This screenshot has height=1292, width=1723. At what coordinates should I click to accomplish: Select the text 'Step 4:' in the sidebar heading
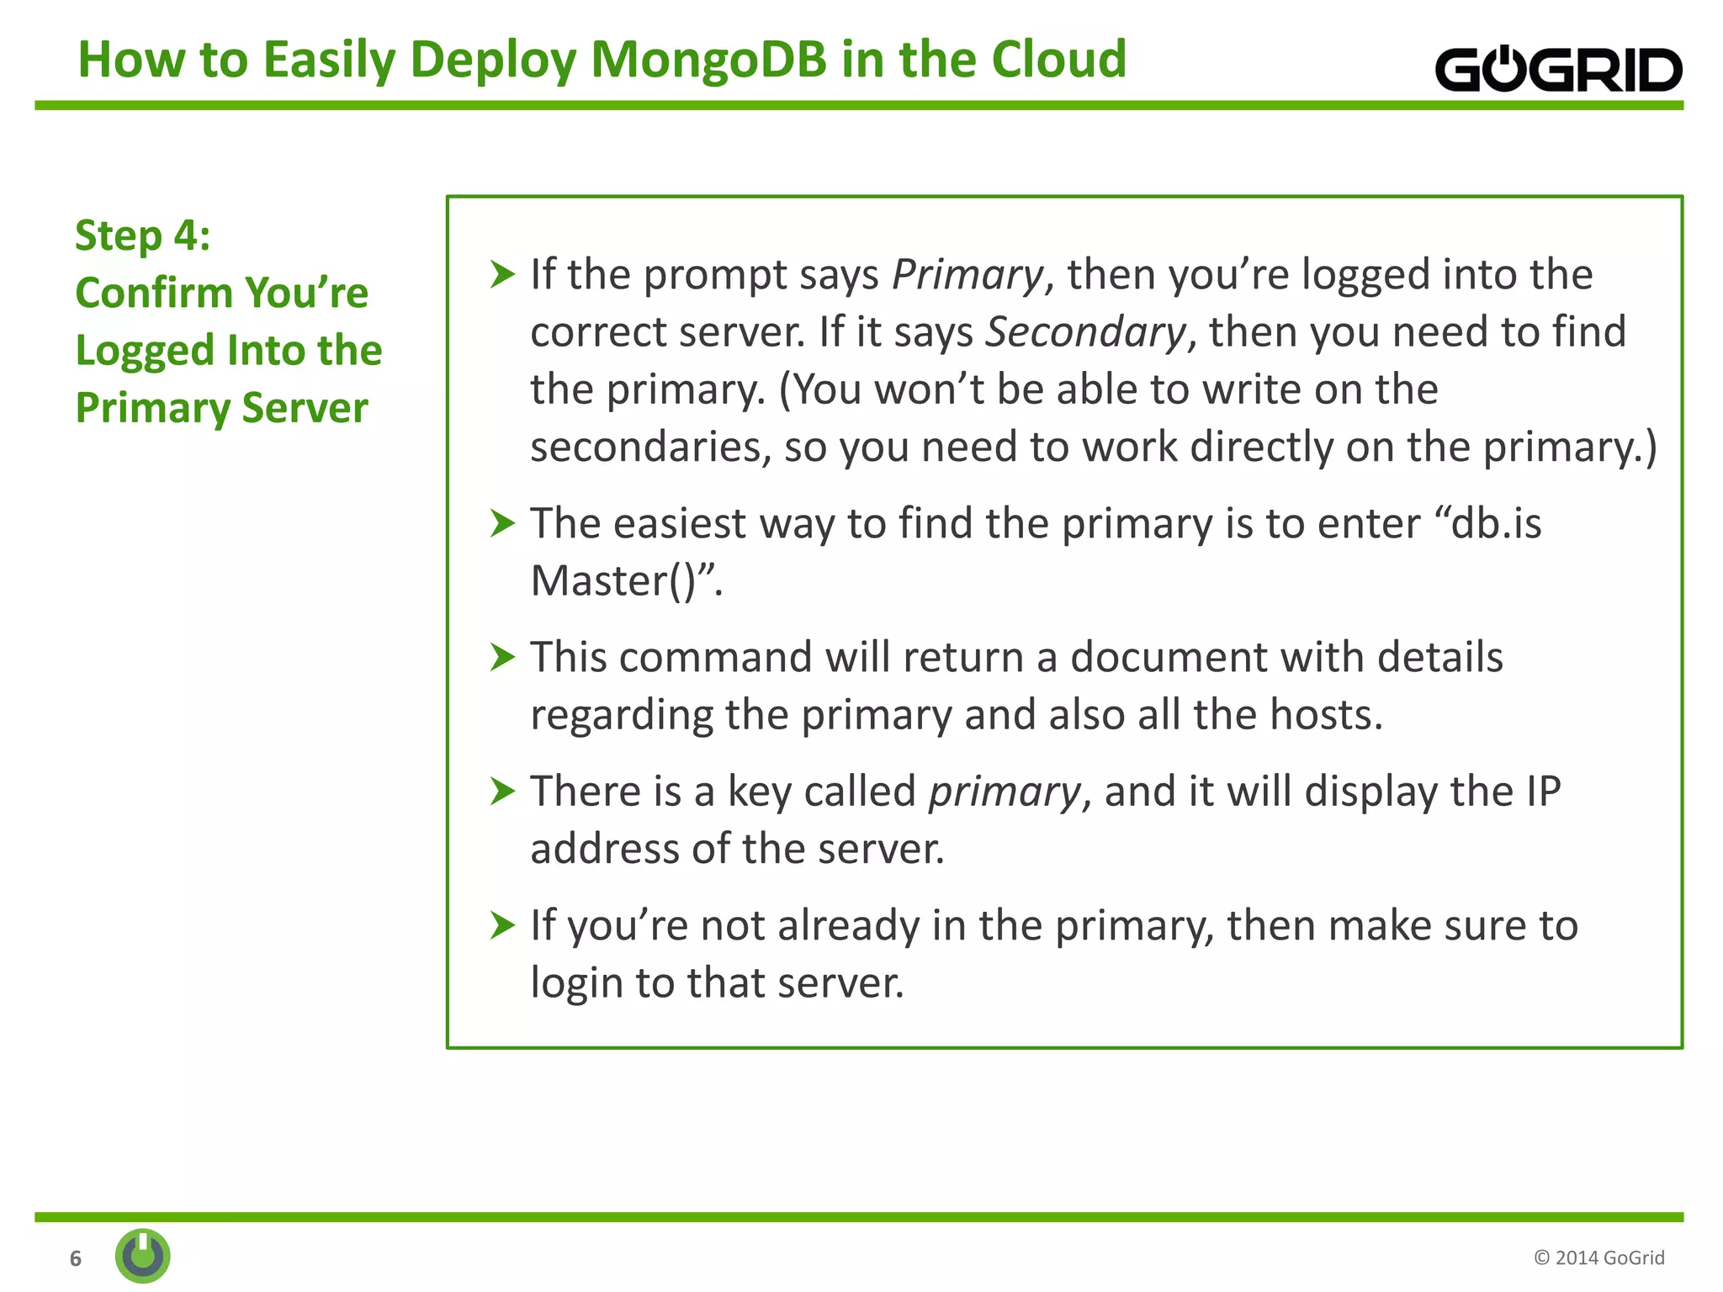(142, 236)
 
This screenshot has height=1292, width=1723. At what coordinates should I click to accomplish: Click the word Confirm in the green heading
(154, 293)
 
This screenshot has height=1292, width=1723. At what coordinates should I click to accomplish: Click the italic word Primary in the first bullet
(967, 275)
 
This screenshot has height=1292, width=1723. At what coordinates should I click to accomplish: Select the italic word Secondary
(1085, 332)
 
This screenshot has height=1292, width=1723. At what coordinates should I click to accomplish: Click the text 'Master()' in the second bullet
(614, 580)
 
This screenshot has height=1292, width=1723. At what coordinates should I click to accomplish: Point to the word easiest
(680, 523)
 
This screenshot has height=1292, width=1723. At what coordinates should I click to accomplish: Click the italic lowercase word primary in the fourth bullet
(1004, 792)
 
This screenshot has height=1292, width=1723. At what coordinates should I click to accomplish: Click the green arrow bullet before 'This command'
(502, 657)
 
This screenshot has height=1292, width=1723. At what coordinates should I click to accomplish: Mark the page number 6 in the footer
(76, 1258)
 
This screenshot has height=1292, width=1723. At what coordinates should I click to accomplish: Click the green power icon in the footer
(143, 1256)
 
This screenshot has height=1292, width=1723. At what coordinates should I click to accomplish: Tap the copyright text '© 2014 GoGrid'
(1598, 1258)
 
